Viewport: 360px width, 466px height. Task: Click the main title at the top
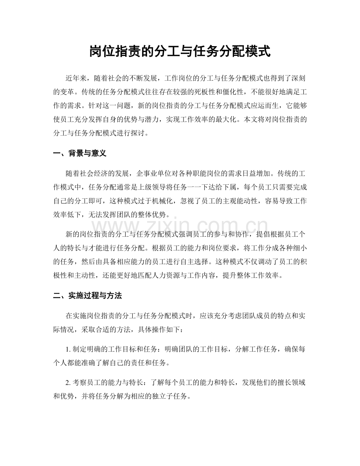pyautogui.click(x=180, y=51)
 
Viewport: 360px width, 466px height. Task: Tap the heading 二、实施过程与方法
pyautogui.click(x=87, y=296)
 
